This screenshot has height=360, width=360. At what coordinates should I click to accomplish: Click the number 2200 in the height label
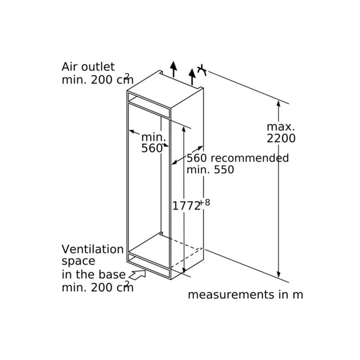(281, 138)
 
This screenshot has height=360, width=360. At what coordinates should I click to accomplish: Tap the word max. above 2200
(280, 126)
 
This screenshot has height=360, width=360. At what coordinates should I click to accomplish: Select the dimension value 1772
(186, 206)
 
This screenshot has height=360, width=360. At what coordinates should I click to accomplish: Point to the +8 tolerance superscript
(205, 202)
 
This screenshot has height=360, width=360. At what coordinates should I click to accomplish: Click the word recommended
(250, 158)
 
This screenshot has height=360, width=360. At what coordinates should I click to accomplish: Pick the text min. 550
(211, 170)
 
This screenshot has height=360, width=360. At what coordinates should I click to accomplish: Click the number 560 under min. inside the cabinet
(151, 148)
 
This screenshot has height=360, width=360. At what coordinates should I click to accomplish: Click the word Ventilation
(92, 249)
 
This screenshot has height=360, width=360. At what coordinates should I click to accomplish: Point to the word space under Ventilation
(78, 261)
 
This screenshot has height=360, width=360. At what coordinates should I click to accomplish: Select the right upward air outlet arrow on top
(193, 76)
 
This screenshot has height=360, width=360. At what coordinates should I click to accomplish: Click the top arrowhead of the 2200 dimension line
(279, 103)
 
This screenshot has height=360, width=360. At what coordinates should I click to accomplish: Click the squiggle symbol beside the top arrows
(202, 70)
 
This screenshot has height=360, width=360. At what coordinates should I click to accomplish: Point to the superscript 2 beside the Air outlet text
(127, 76)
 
